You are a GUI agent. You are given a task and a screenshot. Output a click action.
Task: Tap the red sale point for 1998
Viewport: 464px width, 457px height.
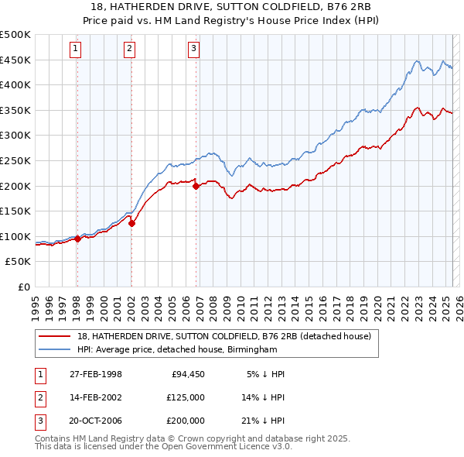pos(77,239)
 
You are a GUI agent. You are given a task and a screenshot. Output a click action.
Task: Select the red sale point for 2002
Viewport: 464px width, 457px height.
pos(131,224)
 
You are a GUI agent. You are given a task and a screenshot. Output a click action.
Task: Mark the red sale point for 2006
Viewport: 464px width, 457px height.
pos(196,186)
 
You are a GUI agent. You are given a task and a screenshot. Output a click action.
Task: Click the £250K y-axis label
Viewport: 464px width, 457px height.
pos(15,160)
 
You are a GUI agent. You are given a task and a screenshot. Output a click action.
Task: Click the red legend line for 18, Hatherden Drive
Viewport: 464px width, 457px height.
pos(54,336)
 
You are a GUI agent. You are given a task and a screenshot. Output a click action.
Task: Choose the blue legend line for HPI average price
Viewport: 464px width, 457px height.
pos(54,349)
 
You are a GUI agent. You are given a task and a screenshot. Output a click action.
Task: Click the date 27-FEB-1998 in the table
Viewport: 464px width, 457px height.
pos(95,374)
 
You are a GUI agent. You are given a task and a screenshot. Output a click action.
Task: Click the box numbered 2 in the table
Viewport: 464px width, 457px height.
pos(39,397)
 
